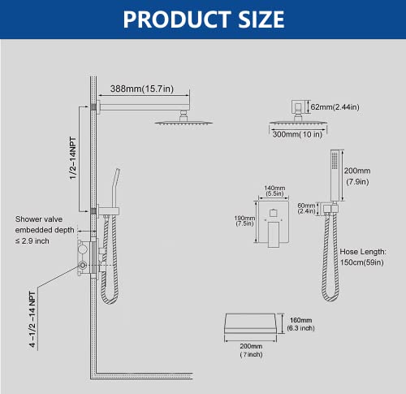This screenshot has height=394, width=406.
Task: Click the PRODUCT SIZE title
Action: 203,19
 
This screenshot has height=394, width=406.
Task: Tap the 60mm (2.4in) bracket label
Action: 307,210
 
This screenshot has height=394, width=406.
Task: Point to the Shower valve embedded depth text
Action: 45,231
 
